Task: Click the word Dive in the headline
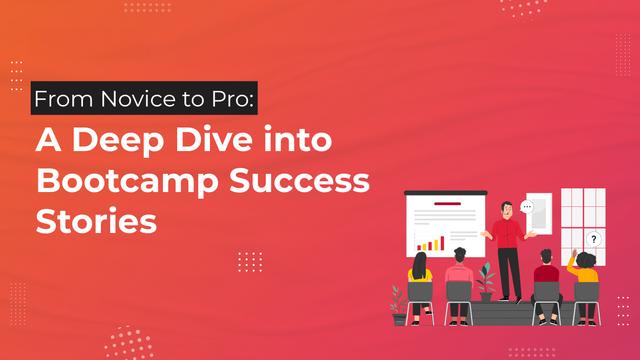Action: [214, 139]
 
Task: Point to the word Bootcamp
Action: [127, 182]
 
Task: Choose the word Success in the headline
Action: [299, 180]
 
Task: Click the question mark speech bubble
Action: [593, 239]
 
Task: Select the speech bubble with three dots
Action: [527, 207]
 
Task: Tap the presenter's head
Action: [507, 210]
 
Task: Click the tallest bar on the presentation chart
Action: [442, 243]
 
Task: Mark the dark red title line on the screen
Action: [447, 203]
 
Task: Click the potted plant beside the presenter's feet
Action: [486, 282]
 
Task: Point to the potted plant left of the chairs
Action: [399, 305]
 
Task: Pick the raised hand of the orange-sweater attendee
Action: [574, 253]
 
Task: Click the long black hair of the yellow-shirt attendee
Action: [420, 265]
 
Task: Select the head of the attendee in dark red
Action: [546, 257]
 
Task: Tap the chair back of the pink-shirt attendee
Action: [459, 292]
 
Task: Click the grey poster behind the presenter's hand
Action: [539, 213]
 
